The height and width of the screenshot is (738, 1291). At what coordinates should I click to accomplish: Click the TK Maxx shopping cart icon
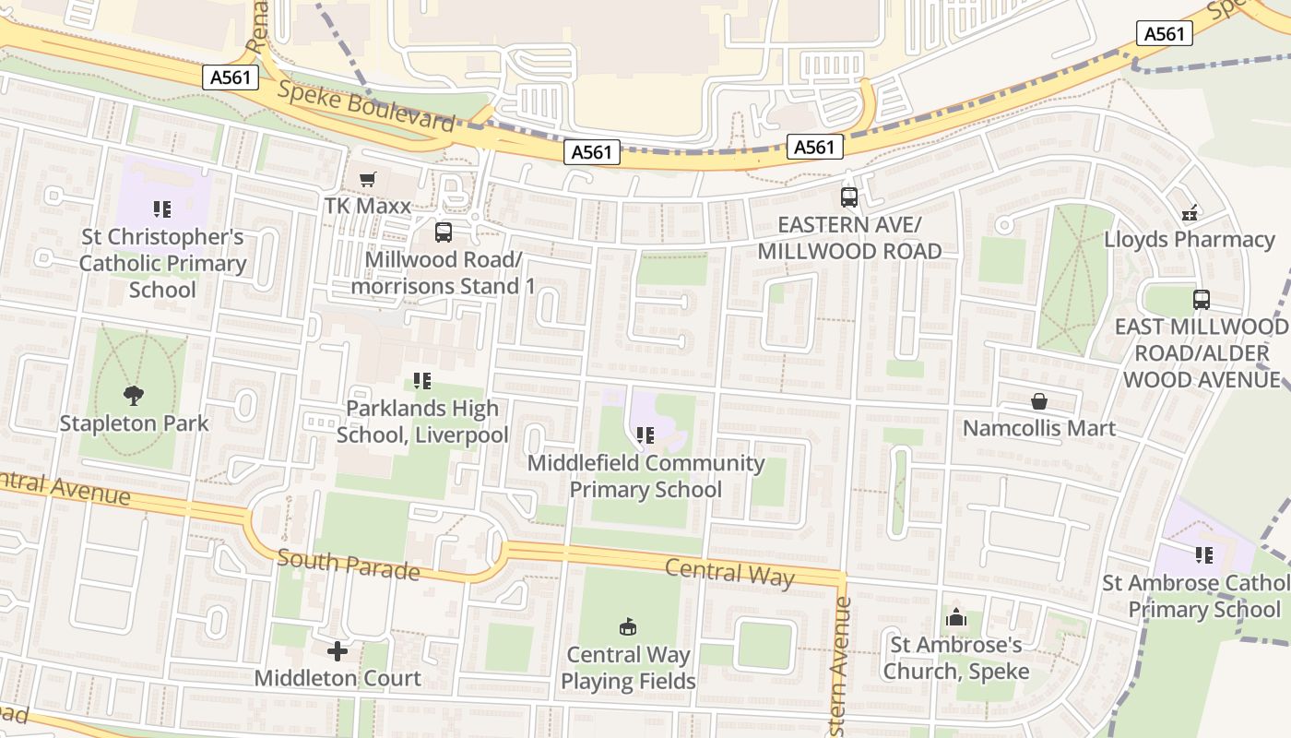tap(368, 179)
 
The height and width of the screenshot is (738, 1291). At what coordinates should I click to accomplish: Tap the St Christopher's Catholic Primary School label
tap(162, 264)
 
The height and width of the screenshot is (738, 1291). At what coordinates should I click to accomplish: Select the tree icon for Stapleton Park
tap(134, 396)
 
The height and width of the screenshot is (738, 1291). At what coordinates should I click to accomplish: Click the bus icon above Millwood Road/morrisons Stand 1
tap(444, 232)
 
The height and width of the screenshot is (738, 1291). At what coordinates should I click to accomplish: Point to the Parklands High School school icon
tap(422, 380)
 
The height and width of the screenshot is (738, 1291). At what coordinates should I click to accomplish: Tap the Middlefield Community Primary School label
tap(645, 476)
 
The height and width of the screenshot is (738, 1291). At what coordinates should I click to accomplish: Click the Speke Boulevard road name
tap(366, 106)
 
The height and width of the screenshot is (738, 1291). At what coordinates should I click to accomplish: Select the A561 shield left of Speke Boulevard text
tap(231, 77)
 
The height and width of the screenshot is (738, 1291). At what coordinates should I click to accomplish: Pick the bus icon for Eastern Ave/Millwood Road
tap(849, 196)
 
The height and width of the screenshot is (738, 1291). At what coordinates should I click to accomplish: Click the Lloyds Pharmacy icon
tap(1190, 213)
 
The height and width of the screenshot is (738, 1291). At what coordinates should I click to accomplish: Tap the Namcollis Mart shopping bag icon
tap(1039, 401)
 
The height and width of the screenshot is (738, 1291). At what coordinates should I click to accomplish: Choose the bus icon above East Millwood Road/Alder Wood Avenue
tap(1201, 300)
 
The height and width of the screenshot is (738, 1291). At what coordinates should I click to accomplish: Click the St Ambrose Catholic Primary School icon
tap(1203, 555)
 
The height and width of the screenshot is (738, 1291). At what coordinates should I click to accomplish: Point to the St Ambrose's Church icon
tap(955, 618)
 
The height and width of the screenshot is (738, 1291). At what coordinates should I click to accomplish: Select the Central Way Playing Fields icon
tap(628, 627)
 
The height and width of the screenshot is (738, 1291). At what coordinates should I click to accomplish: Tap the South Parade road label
tap(349, 564)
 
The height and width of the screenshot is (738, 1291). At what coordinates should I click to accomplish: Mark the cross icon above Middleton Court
tap(338, 651)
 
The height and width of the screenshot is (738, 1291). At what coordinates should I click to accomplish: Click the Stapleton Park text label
tap(135, 424)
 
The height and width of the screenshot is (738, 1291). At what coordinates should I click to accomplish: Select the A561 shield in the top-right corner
tap(1164, 34)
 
